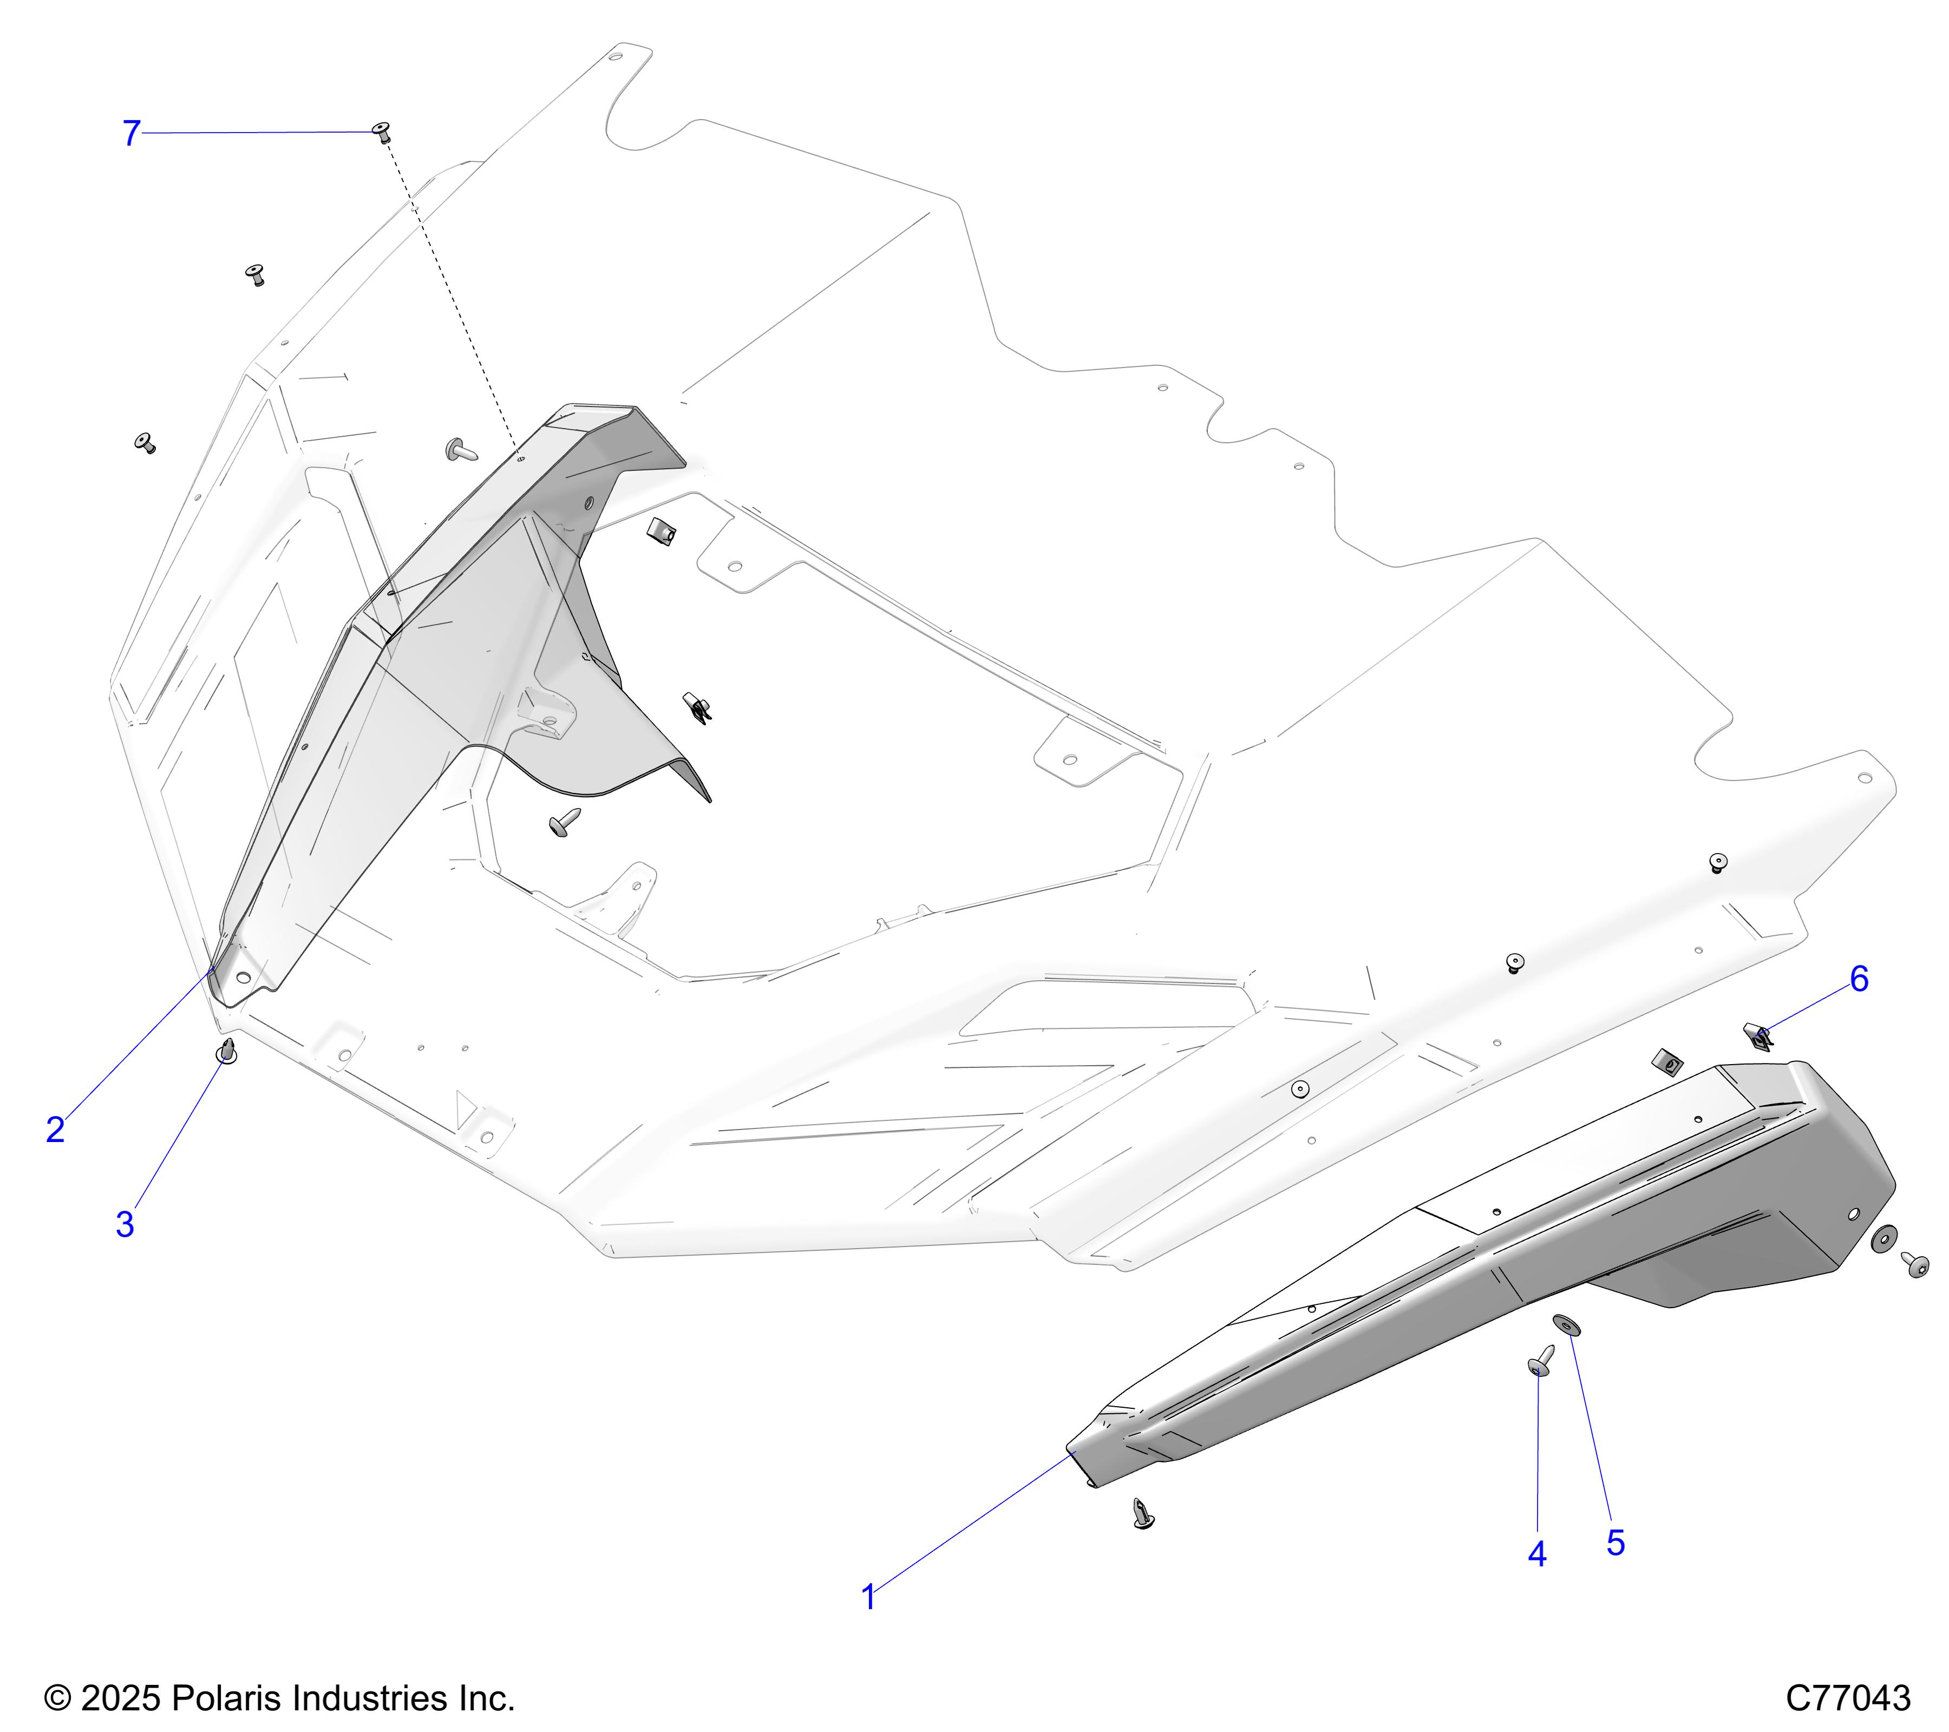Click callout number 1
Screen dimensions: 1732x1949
(868, 1598)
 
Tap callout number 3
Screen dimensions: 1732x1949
(125, 1225)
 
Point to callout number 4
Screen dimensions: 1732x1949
(1537, 1554)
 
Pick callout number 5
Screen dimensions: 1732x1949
(1616, 1543)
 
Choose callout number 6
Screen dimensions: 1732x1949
(1859, 979)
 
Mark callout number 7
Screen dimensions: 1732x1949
(132, 134)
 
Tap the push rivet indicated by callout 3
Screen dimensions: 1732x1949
(227, 1052)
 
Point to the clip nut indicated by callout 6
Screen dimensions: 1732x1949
(1760, 1035)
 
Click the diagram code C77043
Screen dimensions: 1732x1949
(1848, 1698)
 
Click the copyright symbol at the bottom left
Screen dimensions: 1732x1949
(57, 1698)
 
